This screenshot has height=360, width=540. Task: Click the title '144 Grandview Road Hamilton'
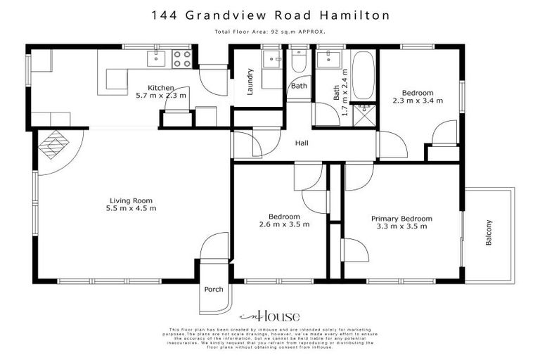click(270, 14)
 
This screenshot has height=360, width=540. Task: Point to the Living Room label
click(131, 200)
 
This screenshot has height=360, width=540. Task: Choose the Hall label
click(302, 143)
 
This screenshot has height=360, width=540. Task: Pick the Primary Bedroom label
click(401, 219)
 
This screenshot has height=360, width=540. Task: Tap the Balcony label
click(489, 233)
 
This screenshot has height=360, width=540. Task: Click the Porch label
click(214, 290)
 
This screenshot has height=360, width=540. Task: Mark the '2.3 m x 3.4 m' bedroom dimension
click(418, 101)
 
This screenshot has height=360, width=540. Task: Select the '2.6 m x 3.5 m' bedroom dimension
click(284, 224)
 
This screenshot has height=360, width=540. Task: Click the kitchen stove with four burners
click(182, 59)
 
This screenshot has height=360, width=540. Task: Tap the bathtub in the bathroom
click(363, 75)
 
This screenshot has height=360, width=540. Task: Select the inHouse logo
click(270, 316)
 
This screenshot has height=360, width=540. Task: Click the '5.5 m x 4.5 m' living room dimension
click(131, 208)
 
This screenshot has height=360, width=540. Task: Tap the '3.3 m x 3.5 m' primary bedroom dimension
click(401, 227)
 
